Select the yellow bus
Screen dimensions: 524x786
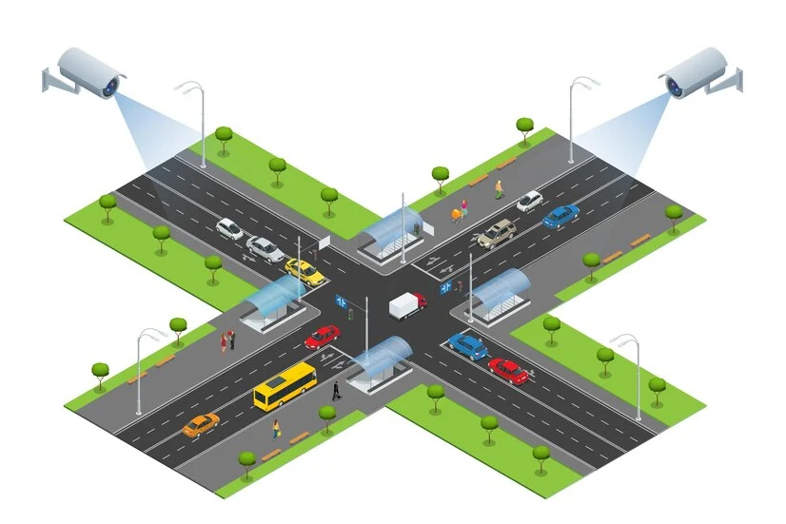point(285,384)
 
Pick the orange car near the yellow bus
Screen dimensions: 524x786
point(200,424)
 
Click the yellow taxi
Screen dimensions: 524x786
point(305,271)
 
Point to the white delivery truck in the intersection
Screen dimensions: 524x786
point(407,305)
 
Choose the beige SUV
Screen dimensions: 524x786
point(497,233)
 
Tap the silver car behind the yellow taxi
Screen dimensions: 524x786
point(265,248)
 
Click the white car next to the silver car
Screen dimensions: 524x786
point(230,228)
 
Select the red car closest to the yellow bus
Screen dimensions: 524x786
point(323,337)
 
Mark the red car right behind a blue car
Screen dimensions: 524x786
point(508,370)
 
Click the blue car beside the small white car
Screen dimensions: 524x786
point(560,216)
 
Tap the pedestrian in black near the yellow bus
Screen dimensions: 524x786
point(335,389)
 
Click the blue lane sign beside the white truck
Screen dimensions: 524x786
point(445,286)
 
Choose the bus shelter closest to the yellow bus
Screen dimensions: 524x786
point(381,359)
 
